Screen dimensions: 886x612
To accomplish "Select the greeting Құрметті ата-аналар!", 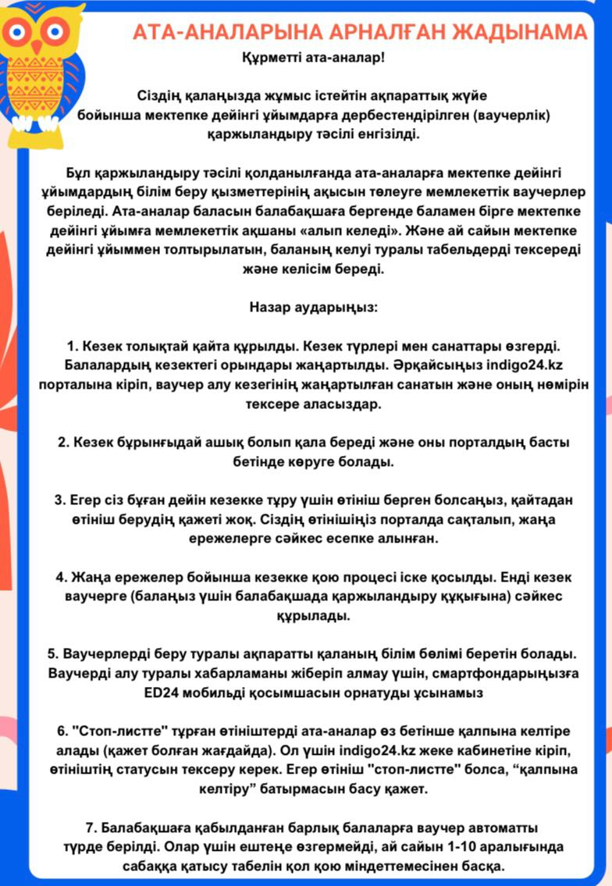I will click(313, 57).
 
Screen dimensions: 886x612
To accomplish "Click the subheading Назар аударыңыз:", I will click(313, 307).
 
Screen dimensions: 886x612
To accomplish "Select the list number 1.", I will click(71, 345).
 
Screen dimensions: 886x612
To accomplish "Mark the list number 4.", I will click(59, 577).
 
